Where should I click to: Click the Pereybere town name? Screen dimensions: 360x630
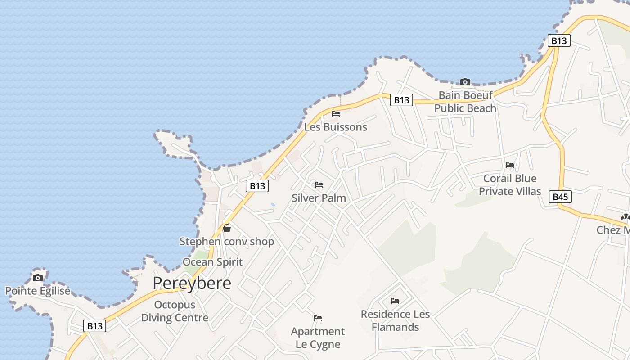tap(192, 283)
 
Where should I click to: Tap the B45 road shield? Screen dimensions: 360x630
tap(560, 197)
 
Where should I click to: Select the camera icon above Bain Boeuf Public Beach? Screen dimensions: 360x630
tap(465, 82)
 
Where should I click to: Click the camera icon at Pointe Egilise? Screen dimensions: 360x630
tap(38, 277)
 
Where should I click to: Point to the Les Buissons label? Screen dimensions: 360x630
tap(335, 127)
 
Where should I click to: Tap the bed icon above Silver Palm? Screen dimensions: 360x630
tap(319, 185)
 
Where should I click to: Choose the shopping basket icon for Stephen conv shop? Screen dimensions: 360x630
tap(227, 228)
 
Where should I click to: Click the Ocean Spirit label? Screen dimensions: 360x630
tap(212, 262)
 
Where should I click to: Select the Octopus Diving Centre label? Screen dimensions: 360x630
tap(175, 311)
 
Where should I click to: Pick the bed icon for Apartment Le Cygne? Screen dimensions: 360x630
tap(318, 318)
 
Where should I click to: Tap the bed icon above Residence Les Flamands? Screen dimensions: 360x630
tap(395, 301)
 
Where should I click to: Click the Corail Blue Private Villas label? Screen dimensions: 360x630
tap(509, 184)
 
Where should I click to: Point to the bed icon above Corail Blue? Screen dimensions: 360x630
tap(510, 165)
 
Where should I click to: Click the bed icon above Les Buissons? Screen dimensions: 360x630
tap(335, 113)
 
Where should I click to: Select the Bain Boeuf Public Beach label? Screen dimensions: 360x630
tap(465, 102)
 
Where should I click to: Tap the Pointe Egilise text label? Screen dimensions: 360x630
tap(38, 291)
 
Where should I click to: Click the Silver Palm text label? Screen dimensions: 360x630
tap(319, 198)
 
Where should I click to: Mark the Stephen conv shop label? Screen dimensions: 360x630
tap(227, 242)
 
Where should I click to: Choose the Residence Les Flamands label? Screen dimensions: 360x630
tap(395, 320)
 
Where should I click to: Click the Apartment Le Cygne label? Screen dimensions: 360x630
tap(318, 338)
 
